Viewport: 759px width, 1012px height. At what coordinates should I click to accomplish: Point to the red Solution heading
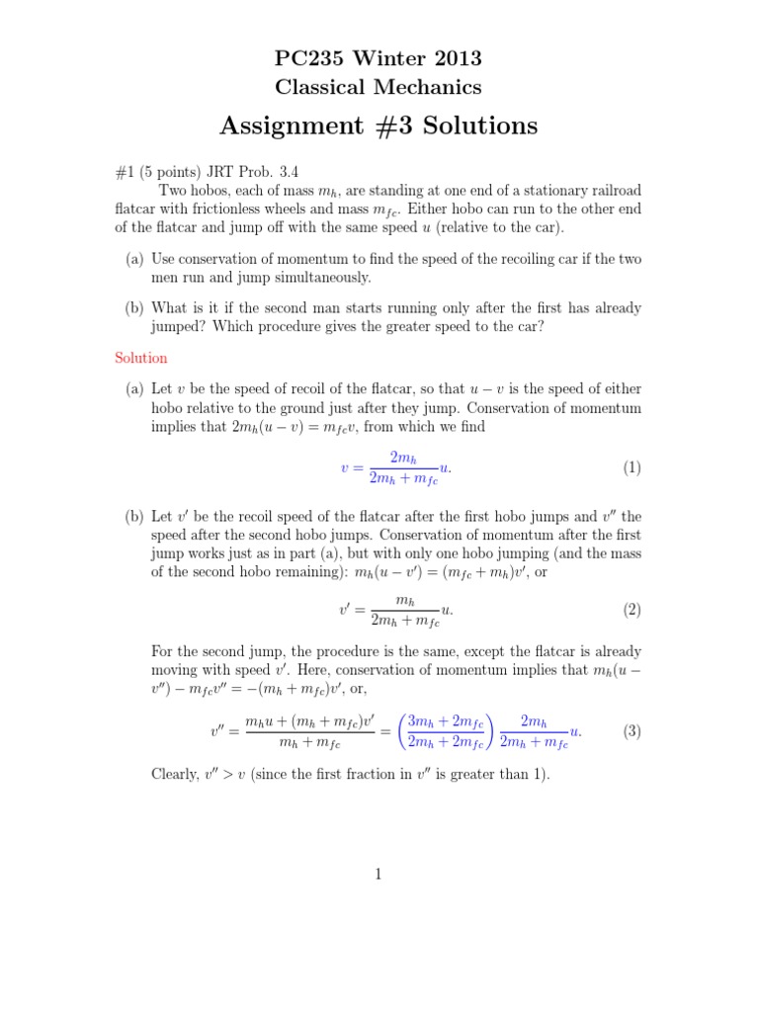[141, 358]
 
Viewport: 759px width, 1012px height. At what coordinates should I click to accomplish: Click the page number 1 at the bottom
[379, 874]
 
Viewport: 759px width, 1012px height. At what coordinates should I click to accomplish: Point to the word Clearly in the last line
[175, 775]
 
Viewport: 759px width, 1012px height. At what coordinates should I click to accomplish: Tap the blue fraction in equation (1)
[403, 467]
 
